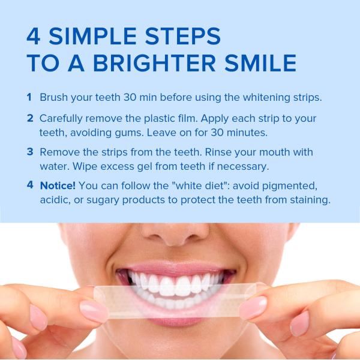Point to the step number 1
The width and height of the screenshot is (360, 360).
click(29, 97)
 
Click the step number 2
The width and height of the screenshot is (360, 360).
click(29, 118)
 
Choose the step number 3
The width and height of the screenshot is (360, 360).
click(29, 152)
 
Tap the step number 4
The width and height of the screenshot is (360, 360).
click(29, 185)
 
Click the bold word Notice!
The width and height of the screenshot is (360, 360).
click(58, 185)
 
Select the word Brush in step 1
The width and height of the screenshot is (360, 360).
click(53, 97)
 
